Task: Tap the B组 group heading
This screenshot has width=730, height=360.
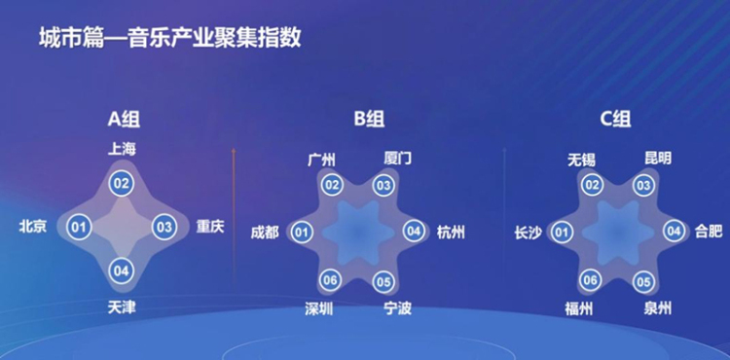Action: tap(369, 120)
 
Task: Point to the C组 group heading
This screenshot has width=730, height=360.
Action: tap(615, 120)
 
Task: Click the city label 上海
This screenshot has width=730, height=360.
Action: tap(123, 148)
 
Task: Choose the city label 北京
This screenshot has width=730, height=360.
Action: tap(33, 227)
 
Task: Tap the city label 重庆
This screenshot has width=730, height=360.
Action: tap(210, 227)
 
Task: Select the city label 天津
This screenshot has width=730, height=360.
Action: tap(122, 307)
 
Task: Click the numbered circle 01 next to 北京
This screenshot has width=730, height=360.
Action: tap(80, 228)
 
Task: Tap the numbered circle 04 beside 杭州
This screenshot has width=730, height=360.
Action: tap(414, 232)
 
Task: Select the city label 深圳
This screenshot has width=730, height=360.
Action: tap(320, 309)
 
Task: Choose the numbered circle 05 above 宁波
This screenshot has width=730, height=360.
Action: tap(383, 282)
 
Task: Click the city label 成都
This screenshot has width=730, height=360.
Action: tap(264, 232)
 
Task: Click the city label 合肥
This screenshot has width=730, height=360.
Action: tap(710, 232)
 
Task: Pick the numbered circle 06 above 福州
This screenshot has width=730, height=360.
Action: tap(591, 281)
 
